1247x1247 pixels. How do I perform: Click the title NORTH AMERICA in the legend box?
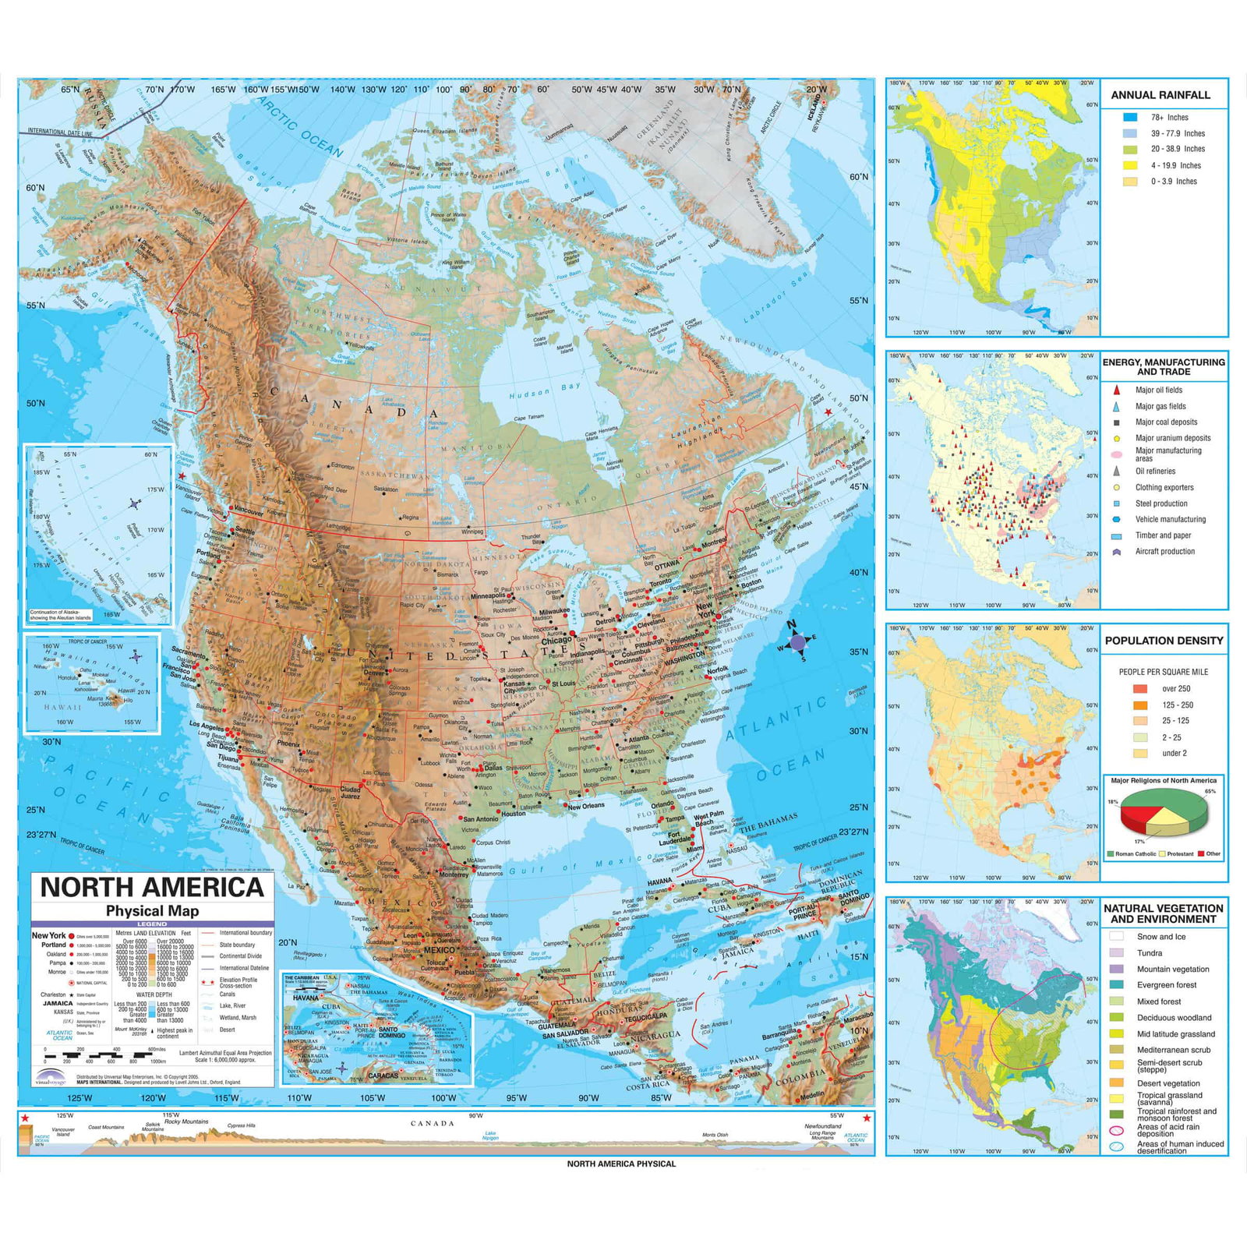[152, 887]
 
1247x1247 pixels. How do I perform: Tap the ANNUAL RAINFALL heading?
[1160, 95]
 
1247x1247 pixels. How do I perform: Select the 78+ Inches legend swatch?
[1130, 118]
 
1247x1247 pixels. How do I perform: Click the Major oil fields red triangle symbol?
[1117, 390]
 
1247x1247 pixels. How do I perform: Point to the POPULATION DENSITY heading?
[1164, 641]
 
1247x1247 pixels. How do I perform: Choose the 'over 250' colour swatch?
[1140, 689]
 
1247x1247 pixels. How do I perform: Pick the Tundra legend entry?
[1149, 953]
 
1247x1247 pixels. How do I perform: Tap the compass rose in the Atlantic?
[797, 642]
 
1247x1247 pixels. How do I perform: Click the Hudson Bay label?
[545, 391]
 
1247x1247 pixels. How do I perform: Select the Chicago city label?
[556, 640]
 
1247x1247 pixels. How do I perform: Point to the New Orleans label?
[586, 806]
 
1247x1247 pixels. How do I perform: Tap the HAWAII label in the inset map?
[62, 707]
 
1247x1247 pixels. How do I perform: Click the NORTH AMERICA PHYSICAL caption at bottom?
[621, 1164]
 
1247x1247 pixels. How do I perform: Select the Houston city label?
[513, 814]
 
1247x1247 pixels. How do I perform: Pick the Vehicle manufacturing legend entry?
[1170, 519]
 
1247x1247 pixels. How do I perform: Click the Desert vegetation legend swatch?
[1117, 1083]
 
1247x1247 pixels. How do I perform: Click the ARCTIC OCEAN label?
[300, 127]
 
